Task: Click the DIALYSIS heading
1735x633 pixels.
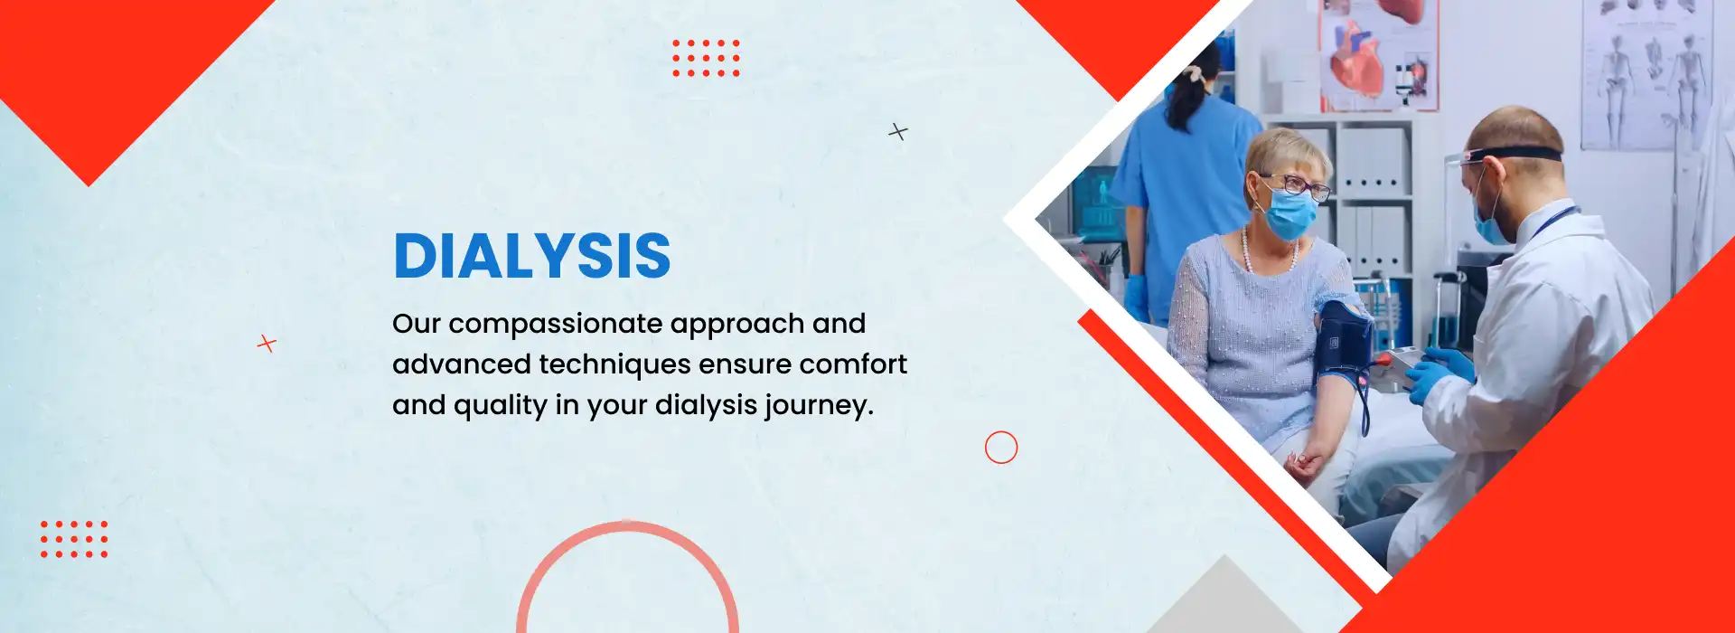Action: pyautogui.click(x=532, y=256)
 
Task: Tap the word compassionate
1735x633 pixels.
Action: pyautogui.click(x=555, y=324)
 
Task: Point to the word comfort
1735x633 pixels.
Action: pyautogui.click(x=853, y=364)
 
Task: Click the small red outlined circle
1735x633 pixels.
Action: pyautogui.click(x=1001, y=448)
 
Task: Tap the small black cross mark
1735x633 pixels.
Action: pyautogui.click(x=897, y=132)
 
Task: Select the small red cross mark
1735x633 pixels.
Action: pyautogui.click(x=267, y=344)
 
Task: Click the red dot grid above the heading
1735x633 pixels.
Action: pyautogui.click(x=706, y=58)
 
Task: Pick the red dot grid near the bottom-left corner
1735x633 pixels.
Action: pyautogui.click(x=74, y=539)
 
